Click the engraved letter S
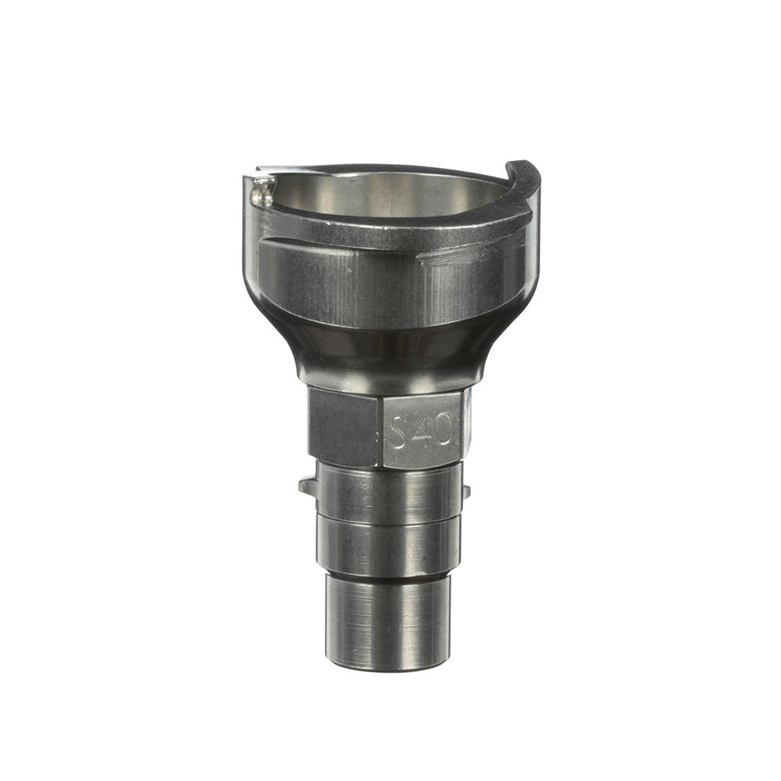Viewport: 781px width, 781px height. pos(399,433)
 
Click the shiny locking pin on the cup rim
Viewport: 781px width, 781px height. pos(262,192)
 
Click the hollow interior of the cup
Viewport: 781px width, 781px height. pos(383,198)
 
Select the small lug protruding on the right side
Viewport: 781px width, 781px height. pos(465,491)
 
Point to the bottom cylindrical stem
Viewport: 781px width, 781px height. pos(388,622)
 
